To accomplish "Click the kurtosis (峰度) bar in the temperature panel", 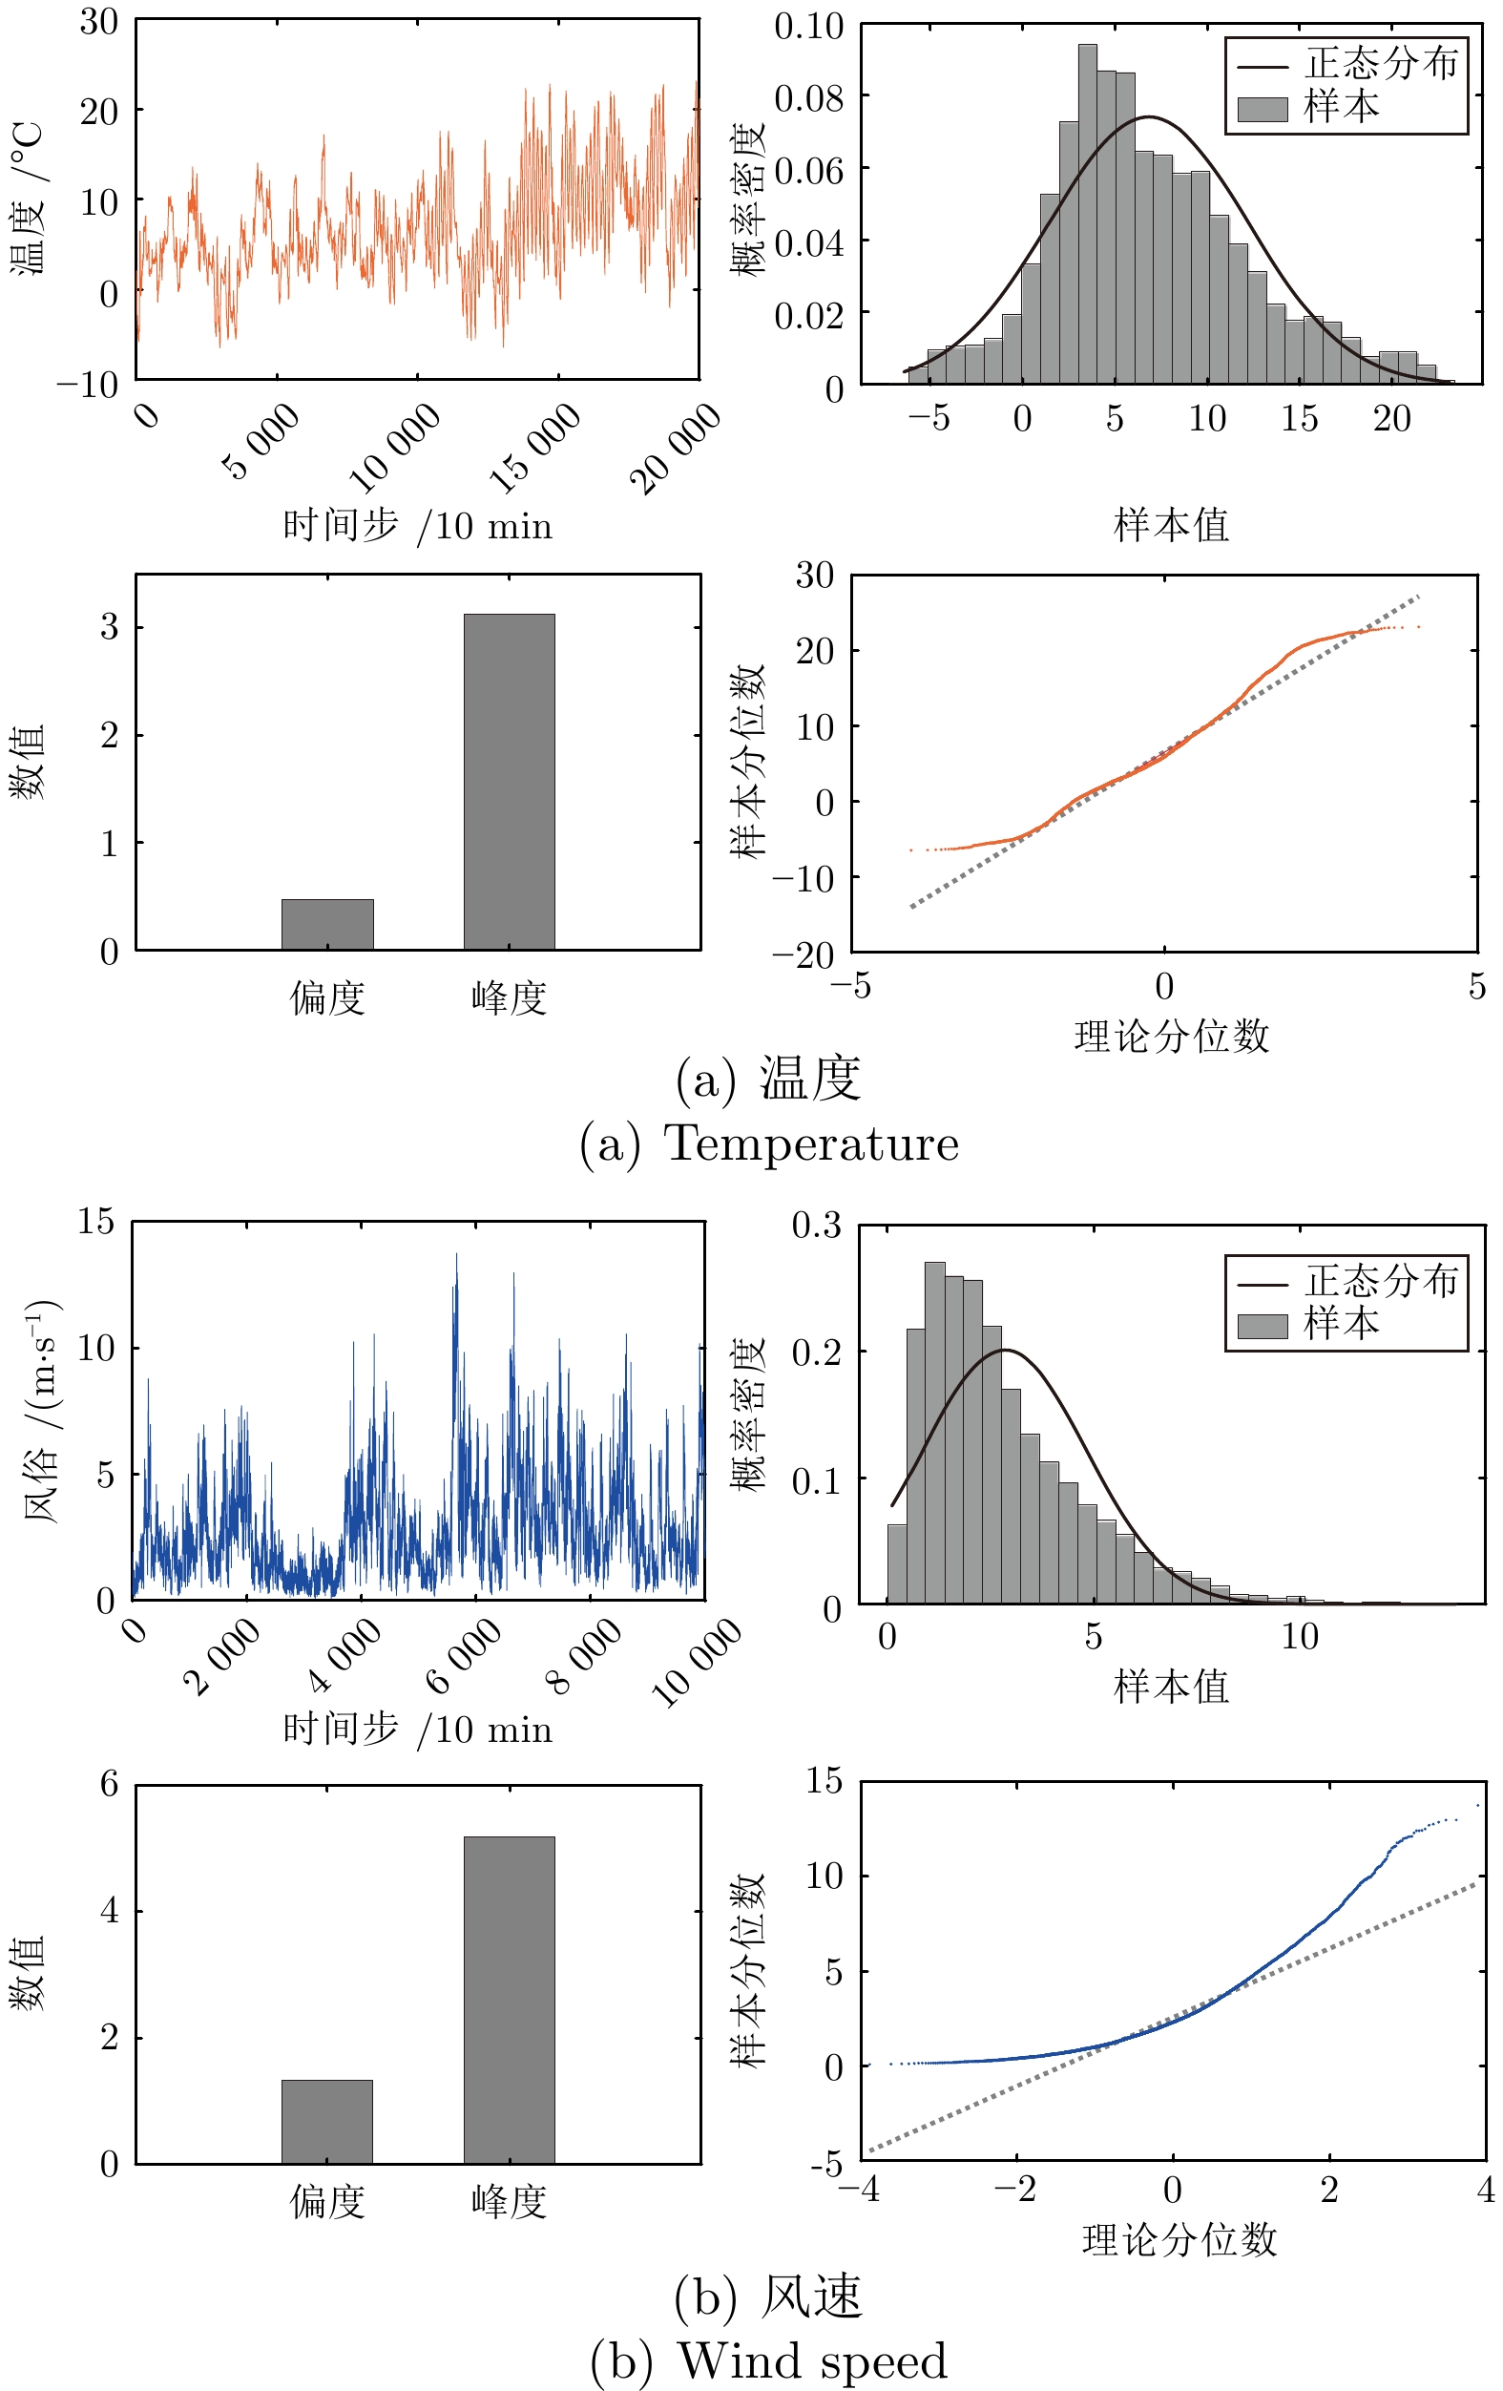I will click(510, 782).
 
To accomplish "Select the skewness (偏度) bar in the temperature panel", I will click(327, 925).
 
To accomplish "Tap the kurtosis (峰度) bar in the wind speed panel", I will click(510, 2000).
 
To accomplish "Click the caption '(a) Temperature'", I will click(768, 1143).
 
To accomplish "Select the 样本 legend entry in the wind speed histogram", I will click(1340, 1324).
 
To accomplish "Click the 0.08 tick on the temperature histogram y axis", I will click(808, 97).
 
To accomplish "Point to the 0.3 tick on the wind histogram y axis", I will click(816, 1226).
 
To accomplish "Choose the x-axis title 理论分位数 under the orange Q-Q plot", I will click(1172, 1036).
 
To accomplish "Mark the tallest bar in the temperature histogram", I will click(1088, 214).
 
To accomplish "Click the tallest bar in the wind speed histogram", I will click(935, 1432).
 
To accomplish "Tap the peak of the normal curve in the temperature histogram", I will click(1149, 117).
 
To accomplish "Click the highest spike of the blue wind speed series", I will click(457, 1255).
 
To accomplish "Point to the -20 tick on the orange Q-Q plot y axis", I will click(804, 954).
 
